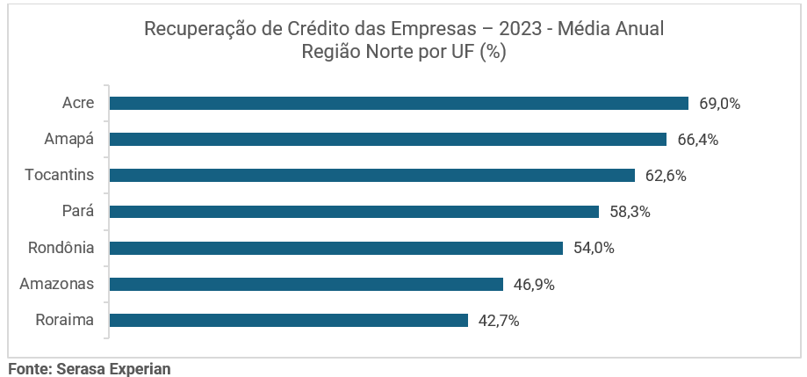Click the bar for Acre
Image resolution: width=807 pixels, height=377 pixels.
[398, 104]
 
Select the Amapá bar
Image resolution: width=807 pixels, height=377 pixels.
[387, 140]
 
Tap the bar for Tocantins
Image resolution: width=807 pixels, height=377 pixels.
[371, 176]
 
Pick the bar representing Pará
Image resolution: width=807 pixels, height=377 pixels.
[353, 212]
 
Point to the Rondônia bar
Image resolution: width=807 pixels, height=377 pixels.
[335, 248]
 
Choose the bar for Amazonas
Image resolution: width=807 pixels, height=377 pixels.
[306, 284]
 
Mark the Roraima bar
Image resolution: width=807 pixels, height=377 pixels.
[288, 320]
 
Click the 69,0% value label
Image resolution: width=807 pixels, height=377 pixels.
[720, 104]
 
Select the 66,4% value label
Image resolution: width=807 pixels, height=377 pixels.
[698, 140]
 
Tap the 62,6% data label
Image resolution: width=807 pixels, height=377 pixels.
[666, 176]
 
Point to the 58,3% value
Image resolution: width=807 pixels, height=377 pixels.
[630, 212]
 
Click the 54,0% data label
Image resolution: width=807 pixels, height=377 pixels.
[594, 248]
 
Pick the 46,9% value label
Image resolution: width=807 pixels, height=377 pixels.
[534, 284]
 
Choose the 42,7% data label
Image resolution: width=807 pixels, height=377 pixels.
[499, 320]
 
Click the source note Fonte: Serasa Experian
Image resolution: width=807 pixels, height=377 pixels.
[89, 369]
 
